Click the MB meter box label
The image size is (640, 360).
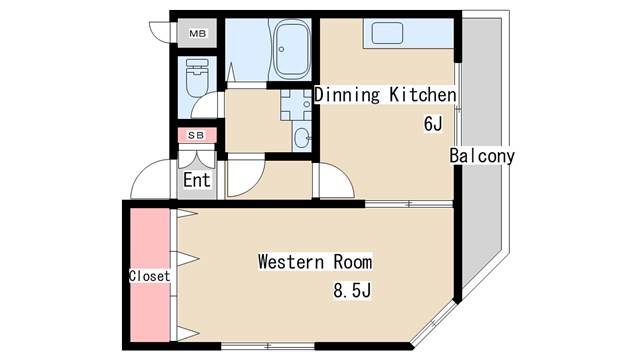coord(198,33)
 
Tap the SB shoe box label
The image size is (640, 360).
coord(196,135)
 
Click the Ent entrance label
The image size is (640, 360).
coord(197,180)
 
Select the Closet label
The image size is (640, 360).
coord(149,276)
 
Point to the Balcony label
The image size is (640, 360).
coord(482,156)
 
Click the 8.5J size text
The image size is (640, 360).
coord(352,291)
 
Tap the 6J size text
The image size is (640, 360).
coord(433,124)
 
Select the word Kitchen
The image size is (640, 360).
coord(422,95)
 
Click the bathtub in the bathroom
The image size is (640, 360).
coord(291,49)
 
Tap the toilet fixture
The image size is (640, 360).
coord(197,78)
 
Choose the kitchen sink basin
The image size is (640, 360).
coord(387,33)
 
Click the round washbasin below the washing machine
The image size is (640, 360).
coord(302,138)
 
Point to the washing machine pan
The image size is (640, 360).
coord(296,105)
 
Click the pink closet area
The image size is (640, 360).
coord(150,275)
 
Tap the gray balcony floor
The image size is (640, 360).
coord(482,147)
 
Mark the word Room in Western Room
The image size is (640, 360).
coord(353,262)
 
